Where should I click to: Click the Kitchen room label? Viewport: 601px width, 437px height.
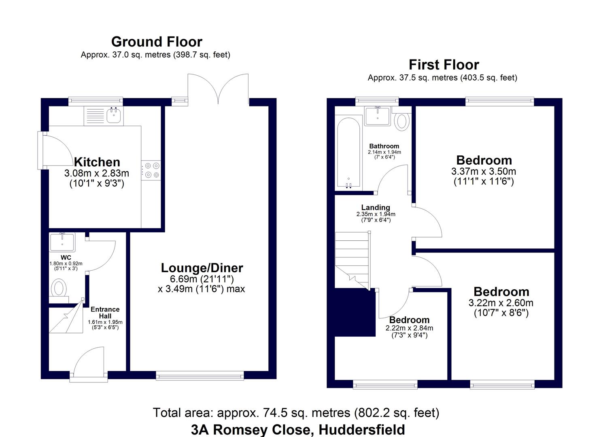point(97,162)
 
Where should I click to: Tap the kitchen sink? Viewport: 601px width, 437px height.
point(115,116)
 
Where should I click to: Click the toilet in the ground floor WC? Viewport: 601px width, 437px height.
point(59,289)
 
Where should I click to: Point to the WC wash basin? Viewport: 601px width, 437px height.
point(62,242)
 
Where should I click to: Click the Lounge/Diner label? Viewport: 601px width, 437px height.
point(202,268)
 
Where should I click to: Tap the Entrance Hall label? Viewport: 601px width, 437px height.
point(105,313)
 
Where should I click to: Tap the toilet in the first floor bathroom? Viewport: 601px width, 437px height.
point(401,120)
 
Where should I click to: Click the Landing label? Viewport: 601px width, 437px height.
point(376,208)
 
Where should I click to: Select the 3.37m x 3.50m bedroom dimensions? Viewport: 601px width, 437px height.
point(484,172)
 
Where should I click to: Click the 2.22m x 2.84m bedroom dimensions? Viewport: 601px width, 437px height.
point(409,328)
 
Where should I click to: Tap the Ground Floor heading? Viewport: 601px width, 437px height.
point(157,42)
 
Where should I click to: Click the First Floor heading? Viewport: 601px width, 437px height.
point(444,65)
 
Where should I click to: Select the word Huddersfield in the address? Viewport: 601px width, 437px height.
point(362,429)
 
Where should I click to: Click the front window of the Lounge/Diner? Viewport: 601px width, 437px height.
point(200,376)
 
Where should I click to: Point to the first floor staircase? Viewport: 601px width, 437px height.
point(352,259)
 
